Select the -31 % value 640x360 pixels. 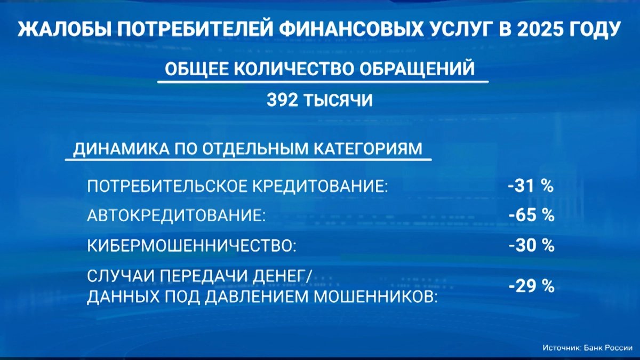point(531,186)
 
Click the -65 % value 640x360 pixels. point(531,216)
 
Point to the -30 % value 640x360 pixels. point(531,246)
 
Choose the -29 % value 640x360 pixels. point(531,286)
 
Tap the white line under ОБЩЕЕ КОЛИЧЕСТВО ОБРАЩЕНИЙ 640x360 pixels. point(323,82)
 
